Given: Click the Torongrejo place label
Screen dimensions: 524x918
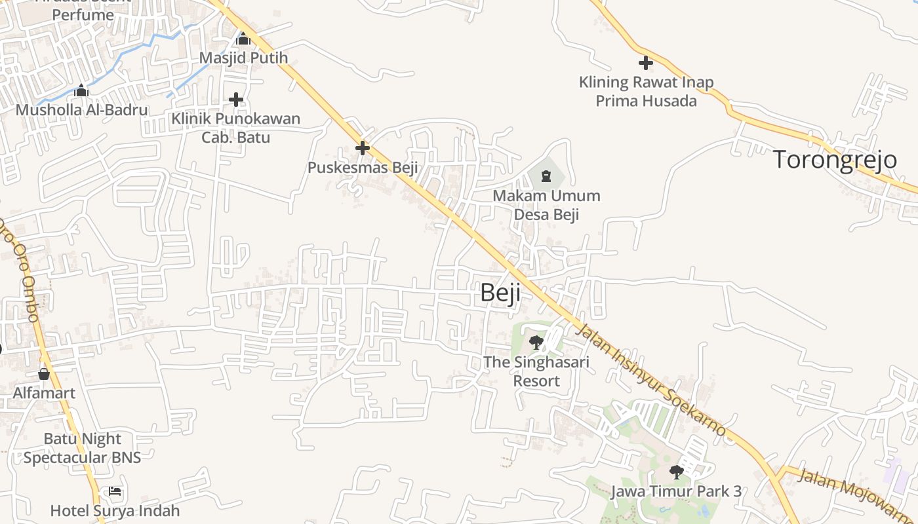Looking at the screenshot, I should pos(835,159).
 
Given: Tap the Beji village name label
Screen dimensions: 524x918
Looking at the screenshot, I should pos(500,292).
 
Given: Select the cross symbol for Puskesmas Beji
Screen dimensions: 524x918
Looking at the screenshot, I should pos(362,148).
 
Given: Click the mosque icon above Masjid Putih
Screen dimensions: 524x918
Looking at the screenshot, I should pos(243,39).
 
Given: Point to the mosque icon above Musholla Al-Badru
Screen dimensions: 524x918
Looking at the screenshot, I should pos(81,90).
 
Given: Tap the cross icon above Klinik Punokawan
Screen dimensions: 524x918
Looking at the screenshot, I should pos(236,100).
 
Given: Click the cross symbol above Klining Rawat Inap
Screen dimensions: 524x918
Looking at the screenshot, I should pos(646,63).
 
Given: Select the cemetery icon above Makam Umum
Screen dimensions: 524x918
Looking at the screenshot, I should pos(546,176).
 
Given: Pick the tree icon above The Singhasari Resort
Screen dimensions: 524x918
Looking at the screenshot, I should pos(536,342).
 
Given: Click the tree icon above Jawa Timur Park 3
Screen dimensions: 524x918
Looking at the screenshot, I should pos(676,472).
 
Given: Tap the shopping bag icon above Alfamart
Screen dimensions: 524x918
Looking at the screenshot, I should pos(44,374).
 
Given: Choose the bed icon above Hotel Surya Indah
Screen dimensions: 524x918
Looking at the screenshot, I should pos(115,491).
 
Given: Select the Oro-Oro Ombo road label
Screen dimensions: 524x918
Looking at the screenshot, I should pos(20,269).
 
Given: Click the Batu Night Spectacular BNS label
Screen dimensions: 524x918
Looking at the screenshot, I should pos(83,448).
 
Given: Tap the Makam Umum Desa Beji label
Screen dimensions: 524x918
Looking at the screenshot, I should pos(546,205).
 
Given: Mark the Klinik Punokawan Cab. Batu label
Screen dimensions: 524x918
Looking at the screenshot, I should pos(235,128).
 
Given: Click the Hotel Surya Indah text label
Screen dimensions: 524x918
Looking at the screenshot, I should pos(115,510).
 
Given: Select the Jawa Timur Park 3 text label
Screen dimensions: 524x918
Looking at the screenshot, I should pos(676,491).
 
